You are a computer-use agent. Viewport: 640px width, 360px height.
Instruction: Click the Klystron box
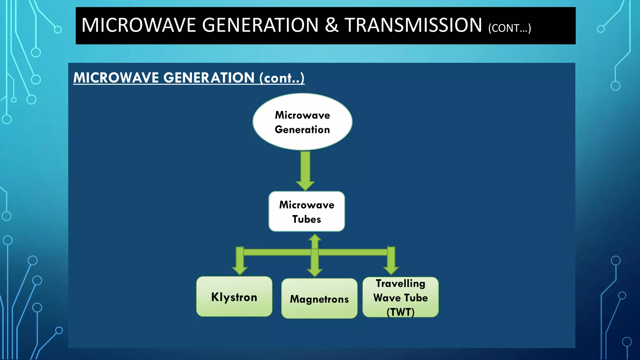coord(234,297)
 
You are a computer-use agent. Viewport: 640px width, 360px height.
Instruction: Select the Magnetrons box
coord(319,299)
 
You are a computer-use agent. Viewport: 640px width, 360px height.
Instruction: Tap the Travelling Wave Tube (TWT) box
coord(400,297)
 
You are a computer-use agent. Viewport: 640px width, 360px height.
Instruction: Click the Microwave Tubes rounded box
coord(307,212)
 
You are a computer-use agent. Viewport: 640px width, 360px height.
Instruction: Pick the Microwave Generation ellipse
coord(302,122)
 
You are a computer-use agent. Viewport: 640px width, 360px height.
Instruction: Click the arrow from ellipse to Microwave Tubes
coord(305,170)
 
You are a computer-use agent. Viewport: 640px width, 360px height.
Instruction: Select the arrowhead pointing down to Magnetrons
coord(315,272)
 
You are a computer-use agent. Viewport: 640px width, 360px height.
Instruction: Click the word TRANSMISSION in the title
coord(413,25)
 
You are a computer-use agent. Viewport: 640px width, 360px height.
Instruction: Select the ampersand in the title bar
coord(332,25)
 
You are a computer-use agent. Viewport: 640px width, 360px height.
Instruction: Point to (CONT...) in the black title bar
coord(509,28)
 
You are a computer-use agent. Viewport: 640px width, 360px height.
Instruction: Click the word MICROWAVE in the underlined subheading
coord(116,77)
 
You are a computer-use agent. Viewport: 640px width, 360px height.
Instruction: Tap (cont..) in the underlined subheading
coord(282,78)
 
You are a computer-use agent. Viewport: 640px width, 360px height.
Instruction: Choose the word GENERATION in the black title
coord(260,25)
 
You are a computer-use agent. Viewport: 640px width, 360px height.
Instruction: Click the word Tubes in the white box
coord(307,219)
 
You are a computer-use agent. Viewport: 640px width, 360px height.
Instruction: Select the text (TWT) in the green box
coord(400,312)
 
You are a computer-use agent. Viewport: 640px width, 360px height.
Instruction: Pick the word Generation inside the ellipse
coord(302,129)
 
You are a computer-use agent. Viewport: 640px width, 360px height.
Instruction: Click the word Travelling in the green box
coord(400,283)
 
